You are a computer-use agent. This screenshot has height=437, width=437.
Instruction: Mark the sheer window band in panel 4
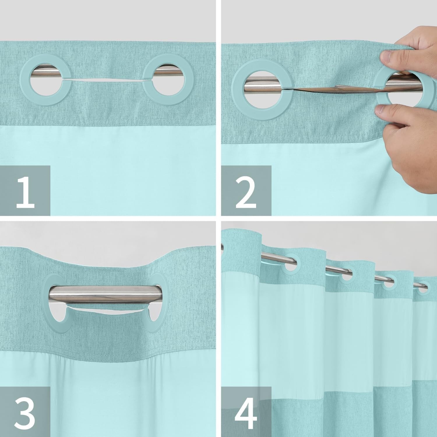tap(320, 344)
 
